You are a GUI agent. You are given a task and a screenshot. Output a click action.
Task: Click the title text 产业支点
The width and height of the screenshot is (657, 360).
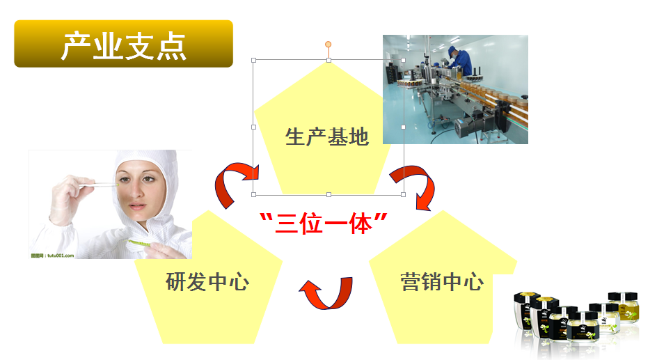coord(124,46)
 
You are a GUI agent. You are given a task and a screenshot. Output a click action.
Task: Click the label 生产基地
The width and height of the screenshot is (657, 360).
coord(327,136)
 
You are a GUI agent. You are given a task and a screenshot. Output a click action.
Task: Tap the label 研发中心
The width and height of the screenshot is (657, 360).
coord(207,281)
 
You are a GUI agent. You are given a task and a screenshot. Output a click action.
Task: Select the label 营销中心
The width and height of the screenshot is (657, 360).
coord(442,281)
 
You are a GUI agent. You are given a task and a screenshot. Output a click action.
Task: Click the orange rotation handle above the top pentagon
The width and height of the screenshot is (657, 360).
coord(328,45)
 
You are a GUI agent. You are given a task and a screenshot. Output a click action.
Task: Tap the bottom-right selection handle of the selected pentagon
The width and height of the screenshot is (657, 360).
coord(403,194)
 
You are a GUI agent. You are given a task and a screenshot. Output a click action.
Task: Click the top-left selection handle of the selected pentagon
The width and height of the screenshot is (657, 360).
coord(253,61)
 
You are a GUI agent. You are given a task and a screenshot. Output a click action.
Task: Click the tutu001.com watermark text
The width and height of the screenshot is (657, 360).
coord(52,256)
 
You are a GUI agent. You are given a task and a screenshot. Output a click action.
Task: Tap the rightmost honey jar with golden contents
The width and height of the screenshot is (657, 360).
coord(624,307)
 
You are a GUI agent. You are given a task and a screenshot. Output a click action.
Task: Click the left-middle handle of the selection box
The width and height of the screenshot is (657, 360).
coord(253,127)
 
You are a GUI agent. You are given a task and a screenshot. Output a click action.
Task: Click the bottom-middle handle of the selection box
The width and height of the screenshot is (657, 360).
coord(329,194)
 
